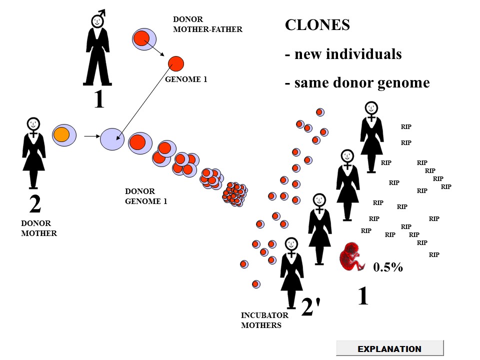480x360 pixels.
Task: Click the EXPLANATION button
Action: click(x=389, y=348)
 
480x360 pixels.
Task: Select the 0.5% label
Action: click(x=388, y=267)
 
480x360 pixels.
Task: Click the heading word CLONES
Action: click(x=317, y=25)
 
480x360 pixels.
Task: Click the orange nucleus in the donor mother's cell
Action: click(x=61, y=134)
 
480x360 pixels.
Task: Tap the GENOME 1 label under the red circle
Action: click(x=186, y=79)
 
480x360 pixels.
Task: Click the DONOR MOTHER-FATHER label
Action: click(x=207, y=24)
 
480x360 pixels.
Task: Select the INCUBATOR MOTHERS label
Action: click(x=264, y=320)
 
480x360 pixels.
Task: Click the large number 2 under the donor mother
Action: click(x=35, y=204)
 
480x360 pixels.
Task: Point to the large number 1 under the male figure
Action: click(x=99, y=98)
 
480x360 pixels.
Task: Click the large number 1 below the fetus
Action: click(x=363, y=296)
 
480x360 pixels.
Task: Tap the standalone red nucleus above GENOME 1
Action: click(x=176, y=64)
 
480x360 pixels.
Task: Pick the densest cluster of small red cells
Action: click(x=235, y=194)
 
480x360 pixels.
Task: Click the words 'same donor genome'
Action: click(x=361, y=82)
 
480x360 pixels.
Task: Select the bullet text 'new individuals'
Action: click(x=347, y=54)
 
